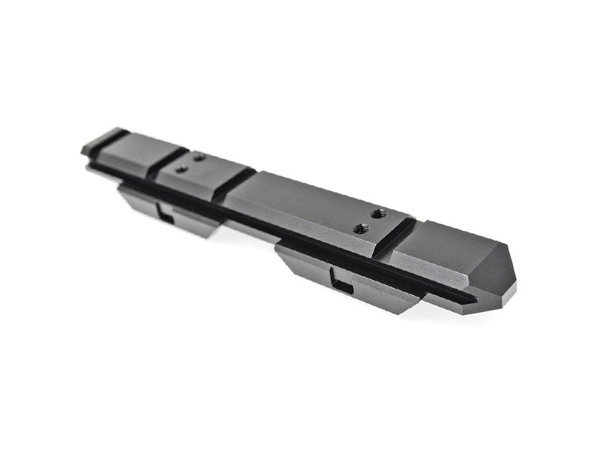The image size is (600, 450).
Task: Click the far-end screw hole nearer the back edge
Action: [199, 157]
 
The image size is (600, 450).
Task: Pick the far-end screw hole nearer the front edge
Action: [181, 169]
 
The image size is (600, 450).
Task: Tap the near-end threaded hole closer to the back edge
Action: [379, 212]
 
